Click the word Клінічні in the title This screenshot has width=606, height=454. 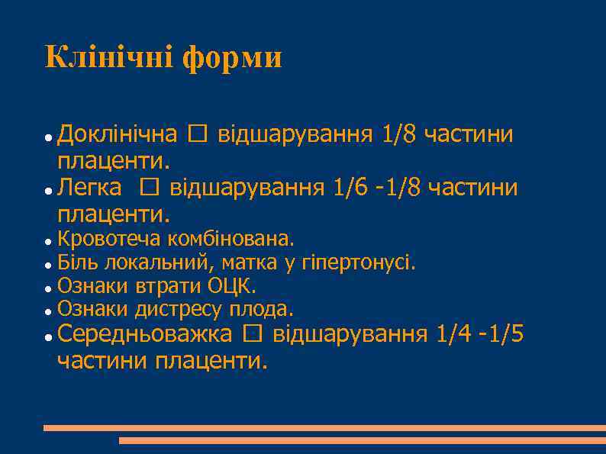108,57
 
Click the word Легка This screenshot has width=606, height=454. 89,187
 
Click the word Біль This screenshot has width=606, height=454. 76,263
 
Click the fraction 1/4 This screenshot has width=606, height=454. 454,333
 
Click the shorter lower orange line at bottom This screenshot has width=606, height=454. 362,440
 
